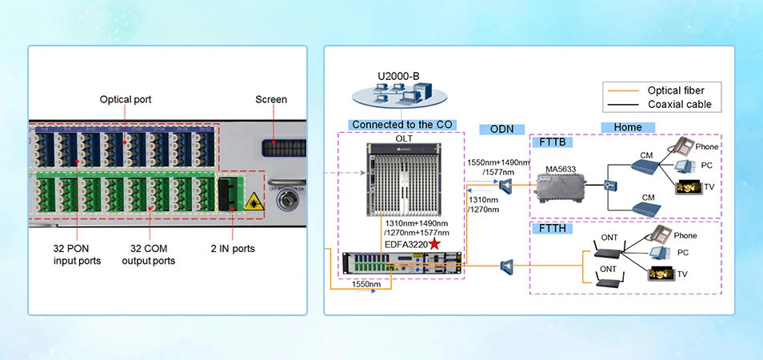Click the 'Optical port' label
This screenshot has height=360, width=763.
[x=126, y=100]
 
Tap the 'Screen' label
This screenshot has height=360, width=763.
[x=271, y=100]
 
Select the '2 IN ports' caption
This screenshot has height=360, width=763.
[x=233, y=249]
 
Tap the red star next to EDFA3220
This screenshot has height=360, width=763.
[x=435, y=243]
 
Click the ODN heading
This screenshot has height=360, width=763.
[x=501, y=130]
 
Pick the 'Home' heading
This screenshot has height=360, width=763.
[x=628, y=127]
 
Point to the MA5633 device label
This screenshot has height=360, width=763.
[x=560, y=169]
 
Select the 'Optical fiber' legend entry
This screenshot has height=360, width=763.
[x=676, y=90]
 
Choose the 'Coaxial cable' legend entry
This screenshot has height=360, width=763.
[x=679, y=105]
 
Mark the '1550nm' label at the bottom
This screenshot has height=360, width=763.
[x=366, y=284]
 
